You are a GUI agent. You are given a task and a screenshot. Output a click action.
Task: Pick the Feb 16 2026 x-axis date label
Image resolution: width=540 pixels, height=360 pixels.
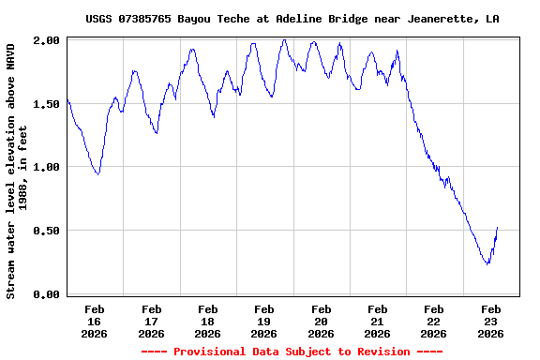pos(95,321)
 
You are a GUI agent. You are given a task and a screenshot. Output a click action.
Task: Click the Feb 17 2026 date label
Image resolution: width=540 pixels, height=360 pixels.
pos(151,321)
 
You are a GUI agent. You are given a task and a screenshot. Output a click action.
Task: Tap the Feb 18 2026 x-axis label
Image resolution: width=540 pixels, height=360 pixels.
pos(207,321)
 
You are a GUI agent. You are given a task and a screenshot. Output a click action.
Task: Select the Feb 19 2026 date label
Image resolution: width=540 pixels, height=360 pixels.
pos(264,321)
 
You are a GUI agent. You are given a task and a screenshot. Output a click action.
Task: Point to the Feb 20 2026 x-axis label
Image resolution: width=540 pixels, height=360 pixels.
pos(321,321)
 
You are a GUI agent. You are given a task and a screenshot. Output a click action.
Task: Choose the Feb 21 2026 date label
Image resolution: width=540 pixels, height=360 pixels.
pos(377,321)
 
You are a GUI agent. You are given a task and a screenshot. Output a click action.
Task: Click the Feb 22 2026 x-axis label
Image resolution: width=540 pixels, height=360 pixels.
pos(433,321)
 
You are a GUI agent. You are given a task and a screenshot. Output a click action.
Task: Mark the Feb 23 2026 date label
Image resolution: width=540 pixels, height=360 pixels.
pos(490,321)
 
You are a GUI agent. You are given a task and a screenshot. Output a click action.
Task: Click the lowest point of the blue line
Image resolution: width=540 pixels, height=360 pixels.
pos(487,263)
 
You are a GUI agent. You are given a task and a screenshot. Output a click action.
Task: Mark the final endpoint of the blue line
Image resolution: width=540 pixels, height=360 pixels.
pos(498,227)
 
